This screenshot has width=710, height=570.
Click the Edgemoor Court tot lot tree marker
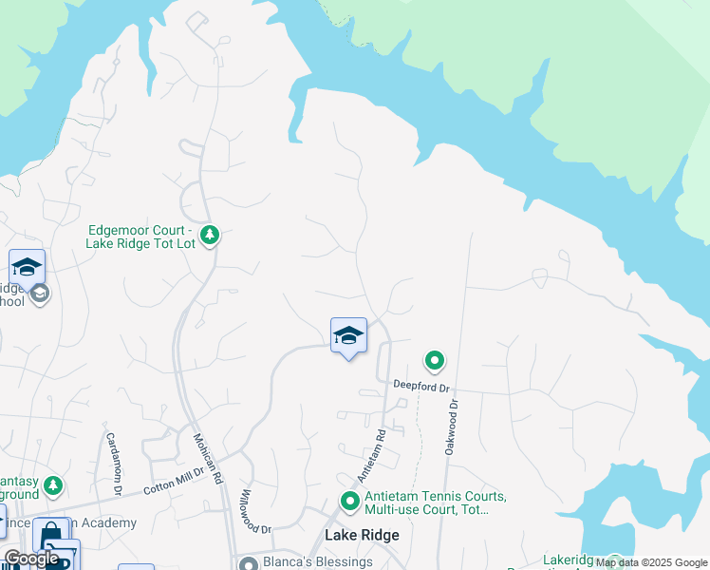click(210, 234)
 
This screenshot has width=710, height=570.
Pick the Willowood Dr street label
click(255, 511)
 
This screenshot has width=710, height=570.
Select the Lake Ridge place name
click(362, 535)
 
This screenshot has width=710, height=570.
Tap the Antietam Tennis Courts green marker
click(350, 501)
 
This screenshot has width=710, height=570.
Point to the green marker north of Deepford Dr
click(435, 361)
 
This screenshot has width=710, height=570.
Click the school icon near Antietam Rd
click(348, 335)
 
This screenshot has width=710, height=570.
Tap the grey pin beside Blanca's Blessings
click(249, 563)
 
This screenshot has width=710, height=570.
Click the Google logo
click(31, 559)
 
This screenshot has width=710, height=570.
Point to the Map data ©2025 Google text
click(651, 562)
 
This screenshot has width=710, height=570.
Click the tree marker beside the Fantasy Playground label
click(54, 486)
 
